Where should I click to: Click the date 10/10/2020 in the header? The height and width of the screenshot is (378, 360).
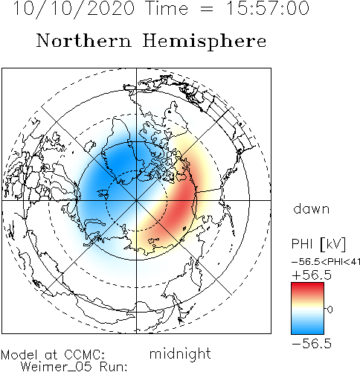click(74, 9)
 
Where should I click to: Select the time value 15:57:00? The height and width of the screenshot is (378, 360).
click(268, 8)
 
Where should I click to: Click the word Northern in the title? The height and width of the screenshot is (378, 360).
click(84, 40)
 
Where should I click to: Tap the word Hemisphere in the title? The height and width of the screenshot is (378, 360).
click(205, 42)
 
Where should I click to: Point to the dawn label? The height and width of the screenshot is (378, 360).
click(312, 208)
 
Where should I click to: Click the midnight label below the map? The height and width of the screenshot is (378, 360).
click(180, 354)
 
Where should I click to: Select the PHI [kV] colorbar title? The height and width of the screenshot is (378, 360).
click(318, 244)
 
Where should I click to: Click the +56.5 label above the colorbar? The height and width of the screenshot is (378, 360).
click(312, 275)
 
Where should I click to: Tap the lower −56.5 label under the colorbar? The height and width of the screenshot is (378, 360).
click(312, 344)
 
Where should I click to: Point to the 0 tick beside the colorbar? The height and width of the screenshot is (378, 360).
click(330, 310)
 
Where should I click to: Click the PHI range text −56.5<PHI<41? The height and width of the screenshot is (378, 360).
click(326, 262)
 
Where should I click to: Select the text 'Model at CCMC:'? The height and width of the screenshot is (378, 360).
click(53, 355)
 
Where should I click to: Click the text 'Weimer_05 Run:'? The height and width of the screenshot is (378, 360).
click(74, 367)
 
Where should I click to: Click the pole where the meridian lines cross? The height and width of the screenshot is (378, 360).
click(136, 200)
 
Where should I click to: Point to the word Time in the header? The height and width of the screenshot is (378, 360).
click(167, 8)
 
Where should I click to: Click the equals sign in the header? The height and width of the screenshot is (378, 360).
click(206, 9)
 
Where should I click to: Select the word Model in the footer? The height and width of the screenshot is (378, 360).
click(19, 355)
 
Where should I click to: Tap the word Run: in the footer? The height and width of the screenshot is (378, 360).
click(113, 367)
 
